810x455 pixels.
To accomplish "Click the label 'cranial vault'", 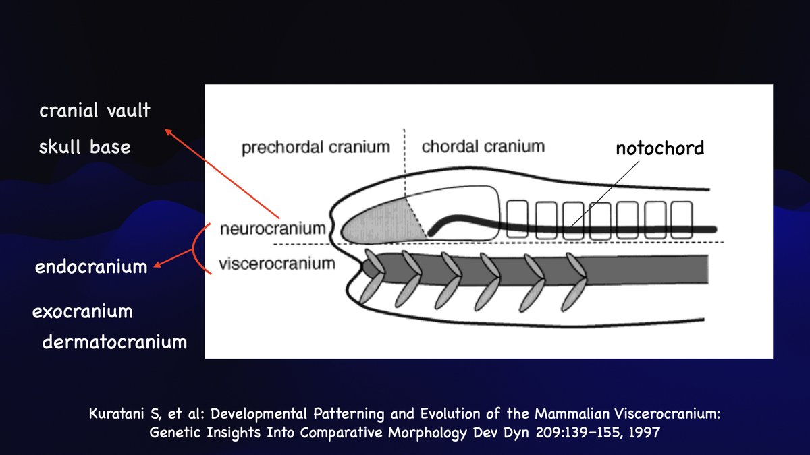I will (x=94, y=111).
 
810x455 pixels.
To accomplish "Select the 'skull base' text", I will (x=84, y=147).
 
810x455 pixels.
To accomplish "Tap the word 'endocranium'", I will (x=91, y=267).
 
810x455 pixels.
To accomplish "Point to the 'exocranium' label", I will (x=82, y=312).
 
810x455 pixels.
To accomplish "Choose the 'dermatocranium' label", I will (x=114, y=342).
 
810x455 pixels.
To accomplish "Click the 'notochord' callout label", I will (x=659, y=148).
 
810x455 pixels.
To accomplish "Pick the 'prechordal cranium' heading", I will (x=316, y=146).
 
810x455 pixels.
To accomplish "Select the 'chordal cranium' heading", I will (x=483, y=146).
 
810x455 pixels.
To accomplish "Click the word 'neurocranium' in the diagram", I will (x=273, y=229).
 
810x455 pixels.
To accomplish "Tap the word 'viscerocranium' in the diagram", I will (x=277, y=263).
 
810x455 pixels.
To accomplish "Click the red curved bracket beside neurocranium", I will (x=198, y=247).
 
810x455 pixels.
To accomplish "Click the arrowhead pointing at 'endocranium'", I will (x=157, y=266).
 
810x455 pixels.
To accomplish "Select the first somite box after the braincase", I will (x=516, y=218).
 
